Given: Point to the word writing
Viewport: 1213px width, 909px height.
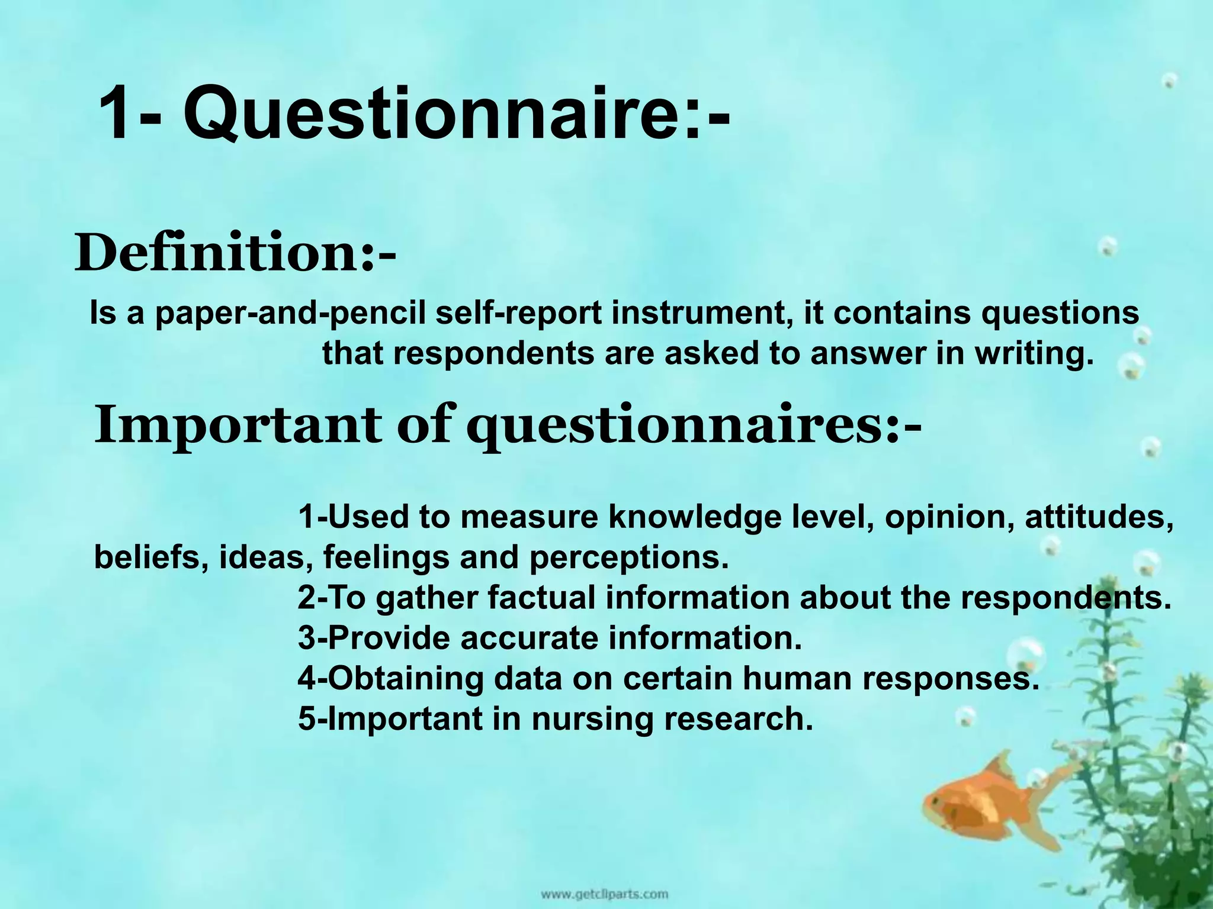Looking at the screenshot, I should [x=1033, y=353].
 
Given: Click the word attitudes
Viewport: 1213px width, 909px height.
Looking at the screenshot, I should [x=1099, y=517].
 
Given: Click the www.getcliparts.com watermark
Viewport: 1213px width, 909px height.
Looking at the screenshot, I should [x=604, y=893].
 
